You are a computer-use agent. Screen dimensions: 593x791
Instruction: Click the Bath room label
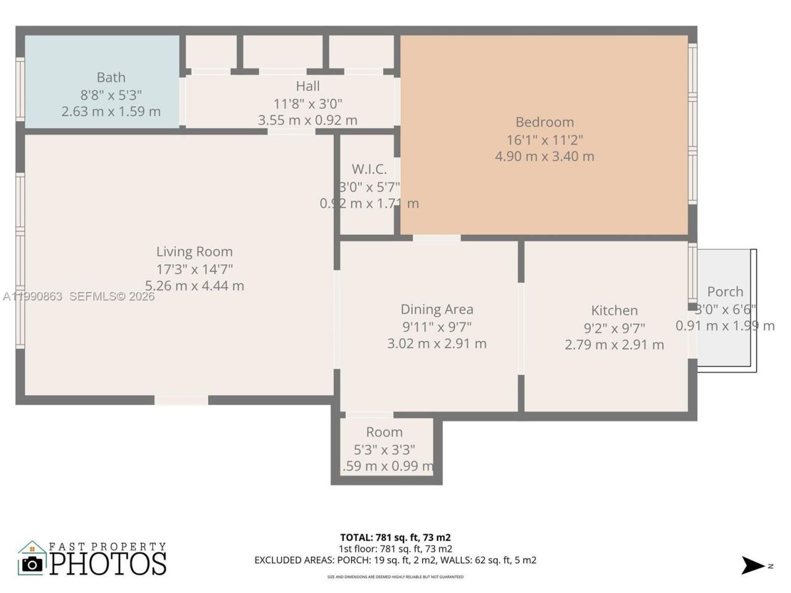(x=111, y=77)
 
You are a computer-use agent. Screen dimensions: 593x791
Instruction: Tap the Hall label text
(x=308, y=86)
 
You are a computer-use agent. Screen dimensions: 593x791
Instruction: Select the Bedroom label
(x=544, y=122)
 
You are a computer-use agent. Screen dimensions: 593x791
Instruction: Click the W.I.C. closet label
(x=369, y=169)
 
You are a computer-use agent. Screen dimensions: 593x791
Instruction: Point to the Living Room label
(x=194, y=251)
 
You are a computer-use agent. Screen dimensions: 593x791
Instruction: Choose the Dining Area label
(x=437, y=309)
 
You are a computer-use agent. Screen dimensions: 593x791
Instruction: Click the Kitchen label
(x=614, y=310)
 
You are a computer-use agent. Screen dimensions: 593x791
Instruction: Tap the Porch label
(x=725, y=291)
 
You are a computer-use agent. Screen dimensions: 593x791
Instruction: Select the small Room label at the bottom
(x=384, y=432)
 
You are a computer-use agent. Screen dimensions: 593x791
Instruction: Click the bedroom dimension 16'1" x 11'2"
(x=544, y=140)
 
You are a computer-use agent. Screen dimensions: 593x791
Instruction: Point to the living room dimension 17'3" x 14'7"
(x=194, y=269)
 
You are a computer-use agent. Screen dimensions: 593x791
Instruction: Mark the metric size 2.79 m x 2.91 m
(x=614, y=345)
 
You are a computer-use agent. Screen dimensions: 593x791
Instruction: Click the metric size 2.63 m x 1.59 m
(x=111, y=111)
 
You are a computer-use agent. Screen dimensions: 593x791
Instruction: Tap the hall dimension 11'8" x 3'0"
(x=308, y=103)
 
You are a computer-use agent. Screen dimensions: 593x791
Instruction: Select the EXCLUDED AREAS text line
(x=395, y=560)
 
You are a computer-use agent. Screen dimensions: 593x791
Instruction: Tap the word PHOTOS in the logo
(x=108, y=563)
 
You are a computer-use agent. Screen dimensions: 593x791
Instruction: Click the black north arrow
(x=753, y=565)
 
